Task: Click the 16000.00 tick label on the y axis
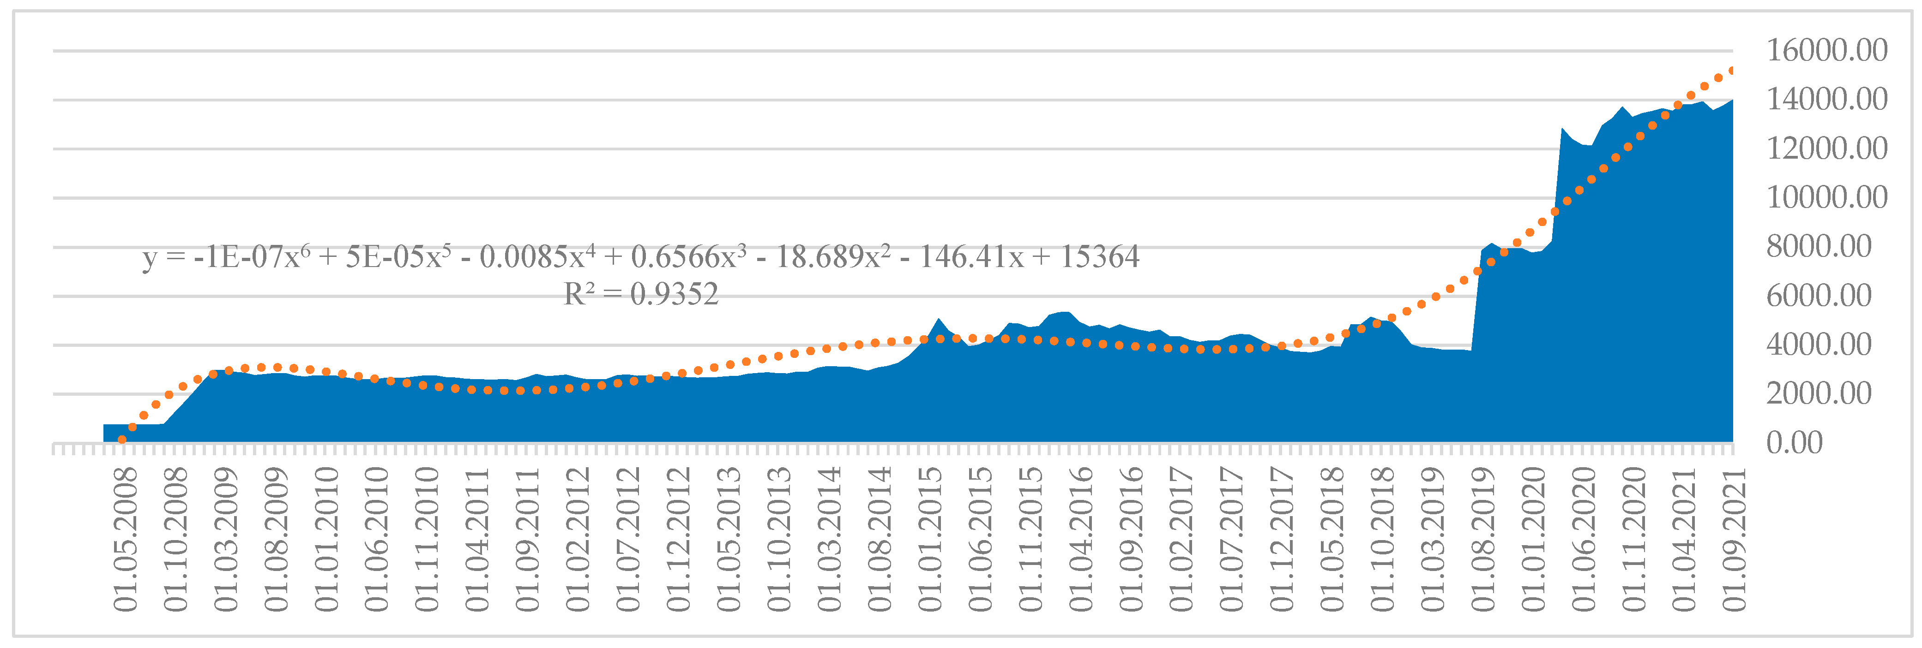click(1826, 51)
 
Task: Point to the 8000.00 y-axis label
click(1818, 247)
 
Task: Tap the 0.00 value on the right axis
click(1794, 443)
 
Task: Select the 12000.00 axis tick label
click(1826, 149)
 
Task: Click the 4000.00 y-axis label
click(1818, 345)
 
